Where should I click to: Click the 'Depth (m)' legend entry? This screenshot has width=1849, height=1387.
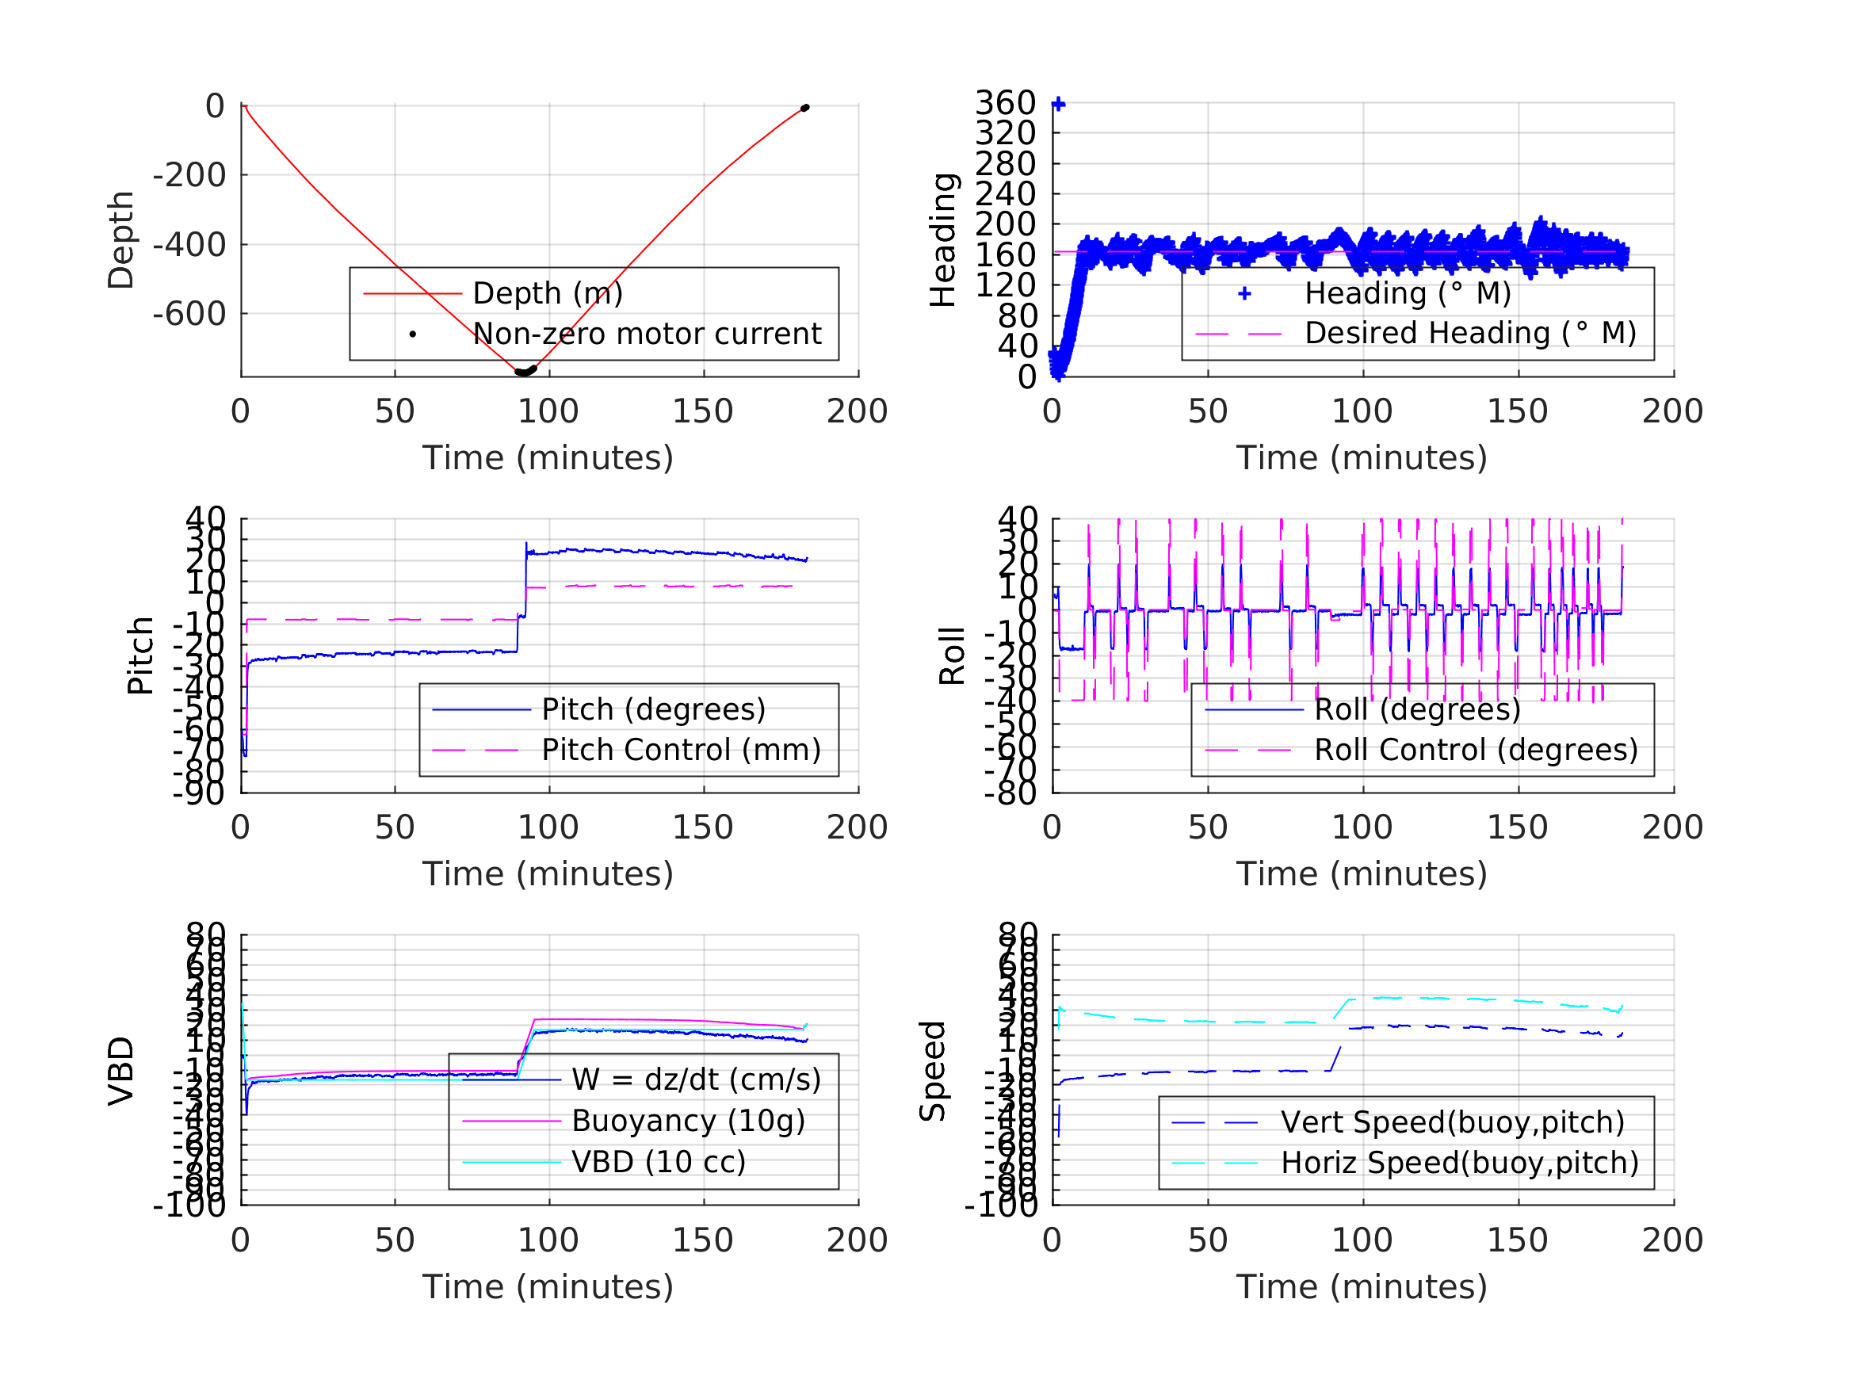pyautogui.click(x=548, y=293)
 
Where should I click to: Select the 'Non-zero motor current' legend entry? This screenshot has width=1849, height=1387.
pyautogui.click(x=647, y=334)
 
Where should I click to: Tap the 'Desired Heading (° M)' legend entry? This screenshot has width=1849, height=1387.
pyautogui.click(x=1470, y=333)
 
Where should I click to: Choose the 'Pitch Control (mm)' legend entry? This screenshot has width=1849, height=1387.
pyautogui.click(x=682, y=750)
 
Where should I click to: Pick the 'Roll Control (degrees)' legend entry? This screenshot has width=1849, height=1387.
pyautogui.click(x=1477, y=750)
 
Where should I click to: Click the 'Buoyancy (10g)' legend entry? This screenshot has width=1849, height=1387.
pyautogui.click(x=688, y=1121)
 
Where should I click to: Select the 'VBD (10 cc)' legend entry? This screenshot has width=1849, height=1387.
pyautogui.click(x=659, y=1161)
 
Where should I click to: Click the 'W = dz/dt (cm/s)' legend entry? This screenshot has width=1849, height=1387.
pyautogui.click(x=697, y=1079)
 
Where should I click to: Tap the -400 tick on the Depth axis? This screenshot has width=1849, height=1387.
pyautogui.click(x=189, y=245)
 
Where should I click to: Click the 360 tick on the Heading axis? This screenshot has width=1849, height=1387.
pyautogui.click(x=1005, y=103)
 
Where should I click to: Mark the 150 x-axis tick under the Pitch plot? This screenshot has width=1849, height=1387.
pyautogui.click(x=703, y=827)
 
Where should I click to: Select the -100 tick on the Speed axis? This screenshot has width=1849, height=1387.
pyautogui.click(x=1000, y=1205)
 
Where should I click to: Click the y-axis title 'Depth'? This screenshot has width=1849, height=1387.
pyautogui.click(x=121, y=240)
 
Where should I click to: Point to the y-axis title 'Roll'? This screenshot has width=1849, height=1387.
pyautogui.click(x=952, y=656)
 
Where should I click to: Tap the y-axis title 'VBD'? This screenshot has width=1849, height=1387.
pyautogui.click(x=121, y=1071)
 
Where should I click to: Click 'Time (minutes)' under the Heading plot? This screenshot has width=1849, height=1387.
pyautogui.click(x=1362, y=458)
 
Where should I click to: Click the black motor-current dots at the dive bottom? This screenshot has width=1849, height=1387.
pyautogui.click(x=525, y=371)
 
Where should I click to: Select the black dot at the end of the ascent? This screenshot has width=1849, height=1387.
pyautogui.click(x=805, y=108)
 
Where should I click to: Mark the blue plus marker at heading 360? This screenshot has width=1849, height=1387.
pyautogui.click(x=1058, y=104)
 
